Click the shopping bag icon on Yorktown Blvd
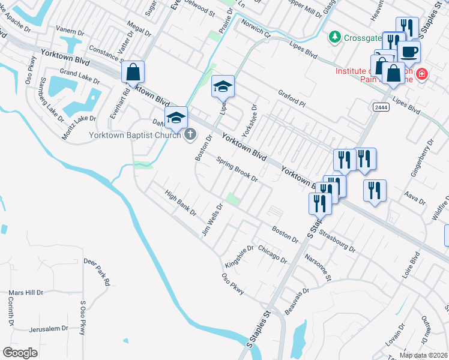(x=133, y=72)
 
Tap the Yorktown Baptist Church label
(x=134, y=135)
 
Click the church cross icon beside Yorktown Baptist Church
(x=190, y=134)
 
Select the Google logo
(x=20, y=352)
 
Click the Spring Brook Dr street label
(x=237, y=170)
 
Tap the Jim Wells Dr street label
(x=212, y=219)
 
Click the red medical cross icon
(x=423, y=74)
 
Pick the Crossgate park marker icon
(x=334, y=37)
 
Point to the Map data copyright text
(x=424, y=355)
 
